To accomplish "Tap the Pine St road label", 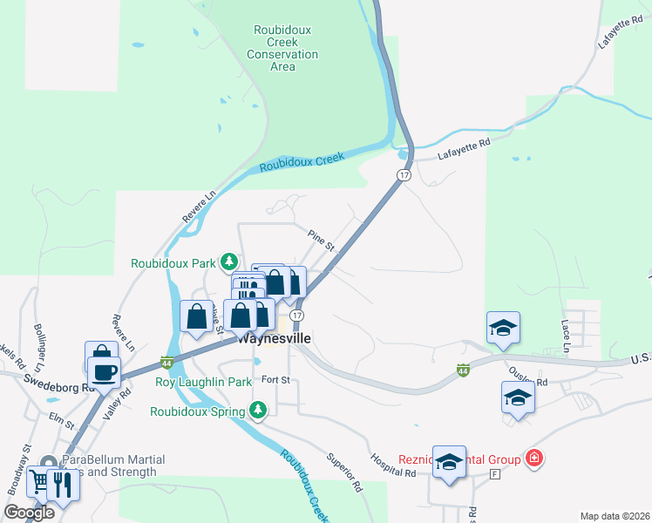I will [x=322, y=240].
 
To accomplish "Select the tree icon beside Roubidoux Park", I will [x=228, y=261].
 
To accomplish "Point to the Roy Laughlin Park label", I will [x=202, y=382].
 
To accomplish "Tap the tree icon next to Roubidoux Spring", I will [x=257, y=410].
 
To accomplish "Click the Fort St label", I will [x=275, y=380].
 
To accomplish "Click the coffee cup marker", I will [x=104, y=371].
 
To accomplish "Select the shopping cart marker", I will [x=40, y=480].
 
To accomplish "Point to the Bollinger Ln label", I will [x=40, y=341].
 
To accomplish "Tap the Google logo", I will [x=29, y=513].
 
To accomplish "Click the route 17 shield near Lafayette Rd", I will [x=403, y=175].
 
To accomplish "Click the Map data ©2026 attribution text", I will [x=614, y=516].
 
